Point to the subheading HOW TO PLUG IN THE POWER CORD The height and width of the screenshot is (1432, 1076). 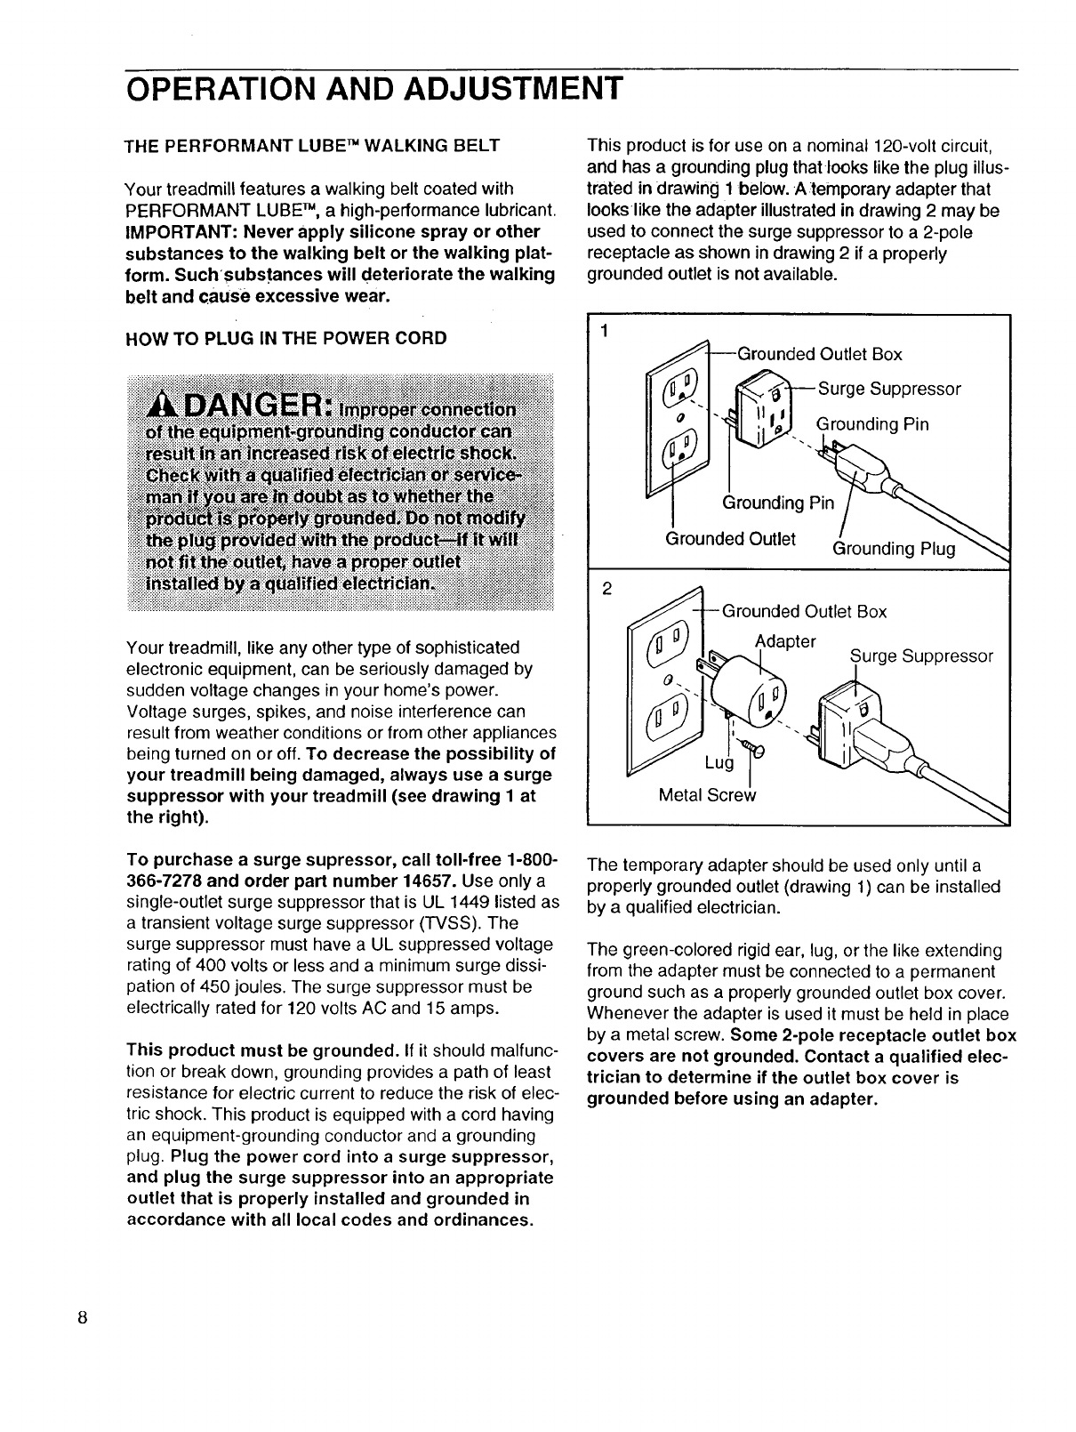point(286,338)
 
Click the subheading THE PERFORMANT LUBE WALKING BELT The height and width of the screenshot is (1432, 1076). point(312,145)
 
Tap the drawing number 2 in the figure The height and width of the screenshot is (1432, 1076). point(606,588)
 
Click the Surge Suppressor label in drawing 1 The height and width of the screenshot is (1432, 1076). point(889,390)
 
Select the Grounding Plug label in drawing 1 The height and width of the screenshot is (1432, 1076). point(894,549)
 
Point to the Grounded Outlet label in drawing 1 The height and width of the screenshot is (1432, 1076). point(730,539)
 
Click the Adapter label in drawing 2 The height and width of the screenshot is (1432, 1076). point(785,641)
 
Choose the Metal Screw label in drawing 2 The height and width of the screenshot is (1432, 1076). point(707,795)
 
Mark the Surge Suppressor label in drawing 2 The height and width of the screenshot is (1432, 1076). point(921,656)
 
